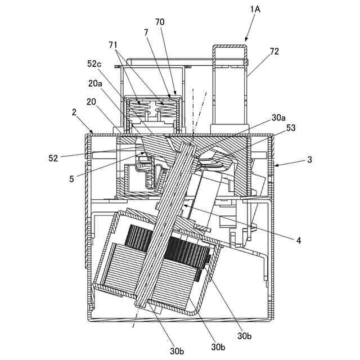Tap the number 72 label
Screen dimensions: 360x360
coord(274,51)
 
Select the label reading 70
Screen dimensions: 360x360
coord(160,22)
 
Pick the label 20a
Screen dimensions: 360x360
coord(95,84)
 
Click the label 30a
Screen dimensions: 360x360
coord(278,119)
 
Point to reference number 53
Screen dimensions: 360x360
coord(290,129)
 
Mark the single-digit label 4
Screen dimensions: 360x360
coord(299,241)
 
